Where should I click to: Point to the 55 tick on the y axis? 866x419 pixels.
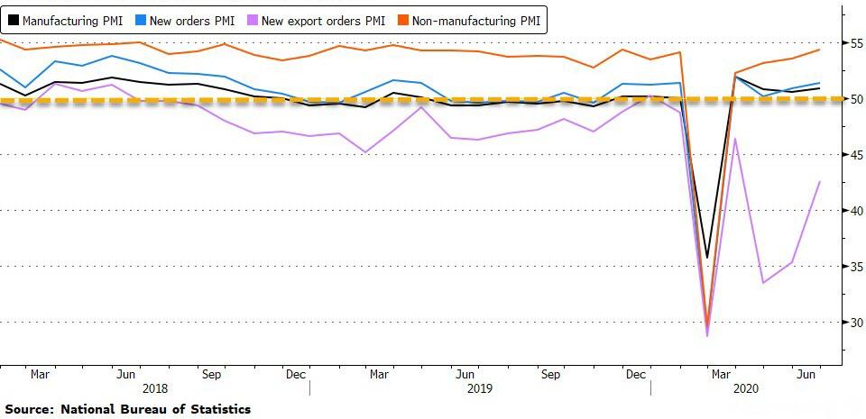tap(852, 43)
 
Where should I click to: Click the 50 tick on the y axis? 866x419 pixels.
tap(852, 99)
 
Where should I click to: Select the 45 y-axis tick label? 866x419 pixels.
tap(852, 155)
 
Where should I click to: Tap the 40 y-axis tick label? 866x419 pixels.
tap(852, 211)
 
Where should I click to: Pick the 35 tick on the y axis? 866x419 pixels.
tap(852, 267)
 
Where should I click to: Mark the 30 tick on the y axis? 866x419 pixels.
tap(852, 323)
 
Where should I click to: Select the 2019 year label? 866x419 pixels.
tap(480, 387)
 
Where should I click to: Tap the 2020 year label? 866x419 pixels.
tap(745, 387)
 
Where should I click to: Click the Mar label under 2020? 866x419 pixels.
tap(720, 372)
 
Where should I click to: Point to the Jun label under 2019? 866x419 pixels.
tap(465, 372)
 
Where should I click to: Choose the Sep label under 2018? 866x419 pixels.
tap(212, 372)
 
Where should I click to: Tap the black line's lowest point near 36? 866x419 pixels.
tap(707, 258)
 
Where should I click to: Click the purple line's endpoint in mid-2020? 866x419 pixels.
tap(819, 182)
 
